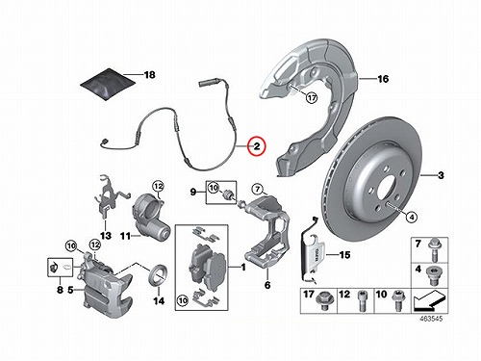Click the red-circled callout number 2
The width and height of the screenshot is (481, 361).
point(257,146)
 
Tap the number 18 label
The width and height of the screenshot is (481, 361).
point(149,75)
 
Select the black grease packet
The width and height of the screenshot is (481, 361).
point(107,84)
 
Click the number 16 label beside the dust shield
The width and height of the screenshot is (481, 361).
point(383,79)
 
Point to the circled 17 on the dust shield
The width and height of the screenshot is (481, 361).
point(312,97)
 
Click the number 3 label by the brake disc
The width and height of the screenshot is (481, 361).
point(441,175)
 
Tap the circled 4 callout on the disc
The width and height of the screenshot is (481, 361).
point(412,218)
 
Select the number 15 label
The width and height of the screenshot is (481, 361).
point(344,255)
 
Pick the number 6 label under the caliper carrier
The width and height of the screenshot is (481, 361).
point(267,285)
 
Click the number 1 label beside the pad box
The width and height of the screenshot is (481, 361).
point(243,267)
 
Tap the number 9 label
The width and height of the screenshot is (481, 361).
point(193,193)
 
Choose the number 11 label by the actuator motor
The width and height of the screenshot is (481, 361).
point(125,236)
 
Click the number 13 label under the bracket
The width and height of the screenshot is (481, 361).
point(106,236)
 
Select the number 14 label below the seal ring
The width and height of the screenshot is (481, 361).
point(159,301)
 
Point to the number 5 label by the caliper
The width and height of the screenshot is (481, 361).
point(71,290)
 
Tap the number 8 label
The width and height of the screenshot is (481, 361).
point(60,290)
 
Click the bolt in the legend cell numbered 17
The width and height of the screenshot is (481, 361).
point(324,301)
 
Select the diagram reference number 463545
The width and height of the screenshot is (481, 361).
point(431,319)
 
